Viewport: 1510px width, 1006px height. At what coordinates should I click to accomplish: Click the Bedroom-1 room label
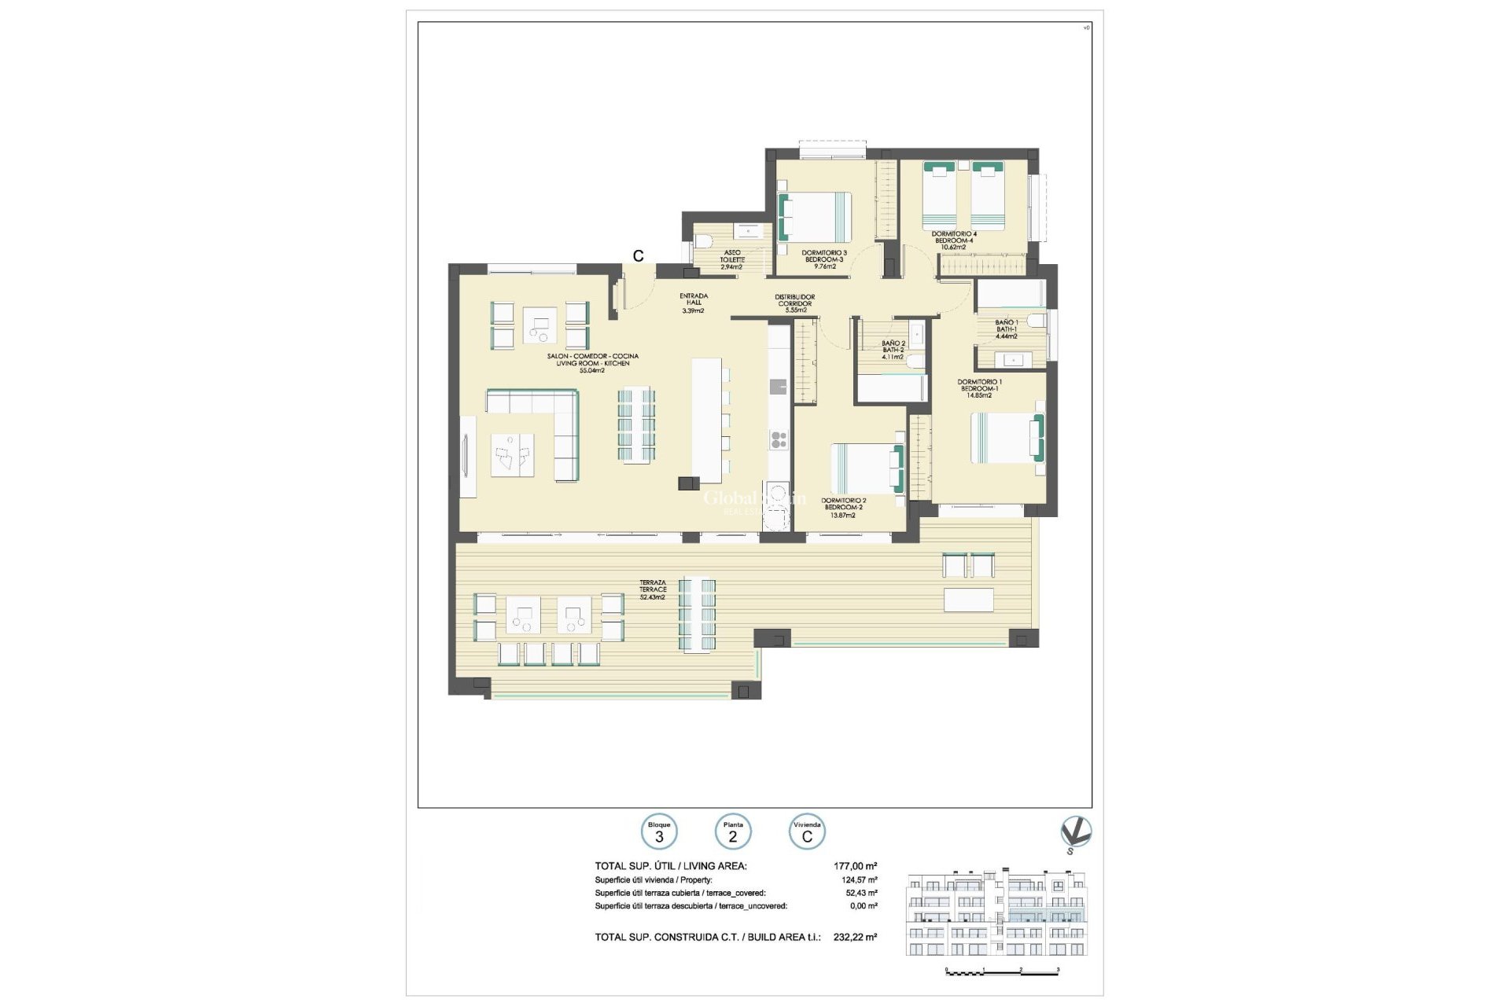(x=979, y=388)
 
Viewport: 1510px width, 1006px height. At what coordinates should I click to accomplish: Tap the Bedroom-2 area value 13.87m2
(x=843, y=516)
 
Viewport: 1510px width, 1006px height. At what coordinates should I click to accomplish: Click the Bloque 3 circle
(x=659, y=832)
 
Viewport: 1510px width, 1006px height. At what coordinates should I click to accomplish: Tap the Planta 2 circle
(x=732, y=832)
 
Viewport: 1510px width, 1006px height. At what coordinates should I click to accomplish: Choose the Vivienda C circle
(x=807, y=832)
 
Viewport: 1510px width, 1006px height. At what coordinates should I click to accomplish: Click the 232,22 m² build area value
(x=855, y=937)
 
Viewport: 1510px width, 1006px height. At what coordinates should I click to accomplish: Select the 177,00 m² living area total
(x=855, y=866)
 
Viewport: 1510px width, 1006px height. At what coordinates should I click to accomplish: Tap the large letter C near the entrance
(x=639, y=255)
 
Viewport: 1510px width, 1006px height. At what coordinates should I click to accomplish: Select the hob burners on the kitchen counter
(x=779, y=440)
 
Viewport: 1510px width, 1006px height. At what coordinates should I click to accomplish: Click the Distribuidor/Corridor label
(x=795, y=303)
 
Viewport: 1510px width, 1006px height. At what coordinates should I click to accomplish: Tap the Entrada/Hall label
(x=694, y=303)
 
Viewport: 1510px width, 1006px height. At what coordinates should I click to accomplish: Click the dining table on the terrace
(x=698, y=615)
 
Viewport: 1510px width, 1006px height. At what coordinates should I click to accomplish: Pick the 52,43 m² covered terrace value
(x=861, y=893)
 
